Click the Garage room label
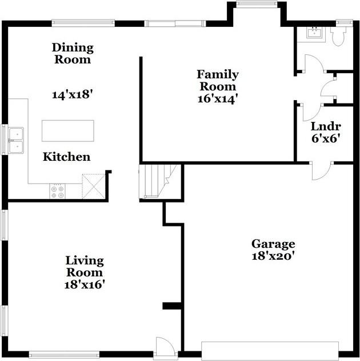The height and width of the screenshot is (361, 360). pos(273,244)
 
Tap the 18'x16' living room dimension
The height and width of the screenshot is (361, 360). pos(85,284)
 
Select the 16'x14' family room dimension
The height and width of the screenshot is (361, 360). pos(218,99)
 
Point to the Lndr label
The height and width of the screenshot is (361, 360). pos(326,126)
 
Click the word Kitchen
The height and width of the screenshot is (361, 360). pos(67,157)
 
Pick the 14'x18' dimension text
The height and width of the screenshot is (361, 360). pos(73,94)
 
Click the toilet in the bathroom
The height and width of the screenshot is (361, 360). pos(338,36)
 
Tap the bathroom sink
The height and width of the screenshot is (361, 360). pos(314,33)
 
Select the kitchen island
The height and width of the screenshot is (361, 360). pos(68,131)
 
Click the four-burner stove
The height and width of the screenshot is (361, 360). pos(58,191)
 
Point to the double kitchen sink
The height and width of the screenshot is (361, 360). pos(16,140)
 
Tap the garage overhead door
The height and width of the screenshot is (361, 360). pos(270,351)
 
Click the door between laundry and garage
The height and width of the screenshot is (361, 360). pos(321,171)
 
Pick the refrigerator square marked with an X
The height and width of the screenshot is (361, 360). pos(94,187)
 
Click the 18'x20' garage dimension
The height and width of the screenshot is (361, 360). pos(273,256)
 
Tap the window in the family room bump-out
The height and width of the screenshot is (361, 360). pos(257,3)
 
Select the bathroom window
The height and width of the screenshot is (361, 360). pos(345,22)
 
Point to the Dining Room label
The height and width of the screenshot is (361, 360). pos(73,53)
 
